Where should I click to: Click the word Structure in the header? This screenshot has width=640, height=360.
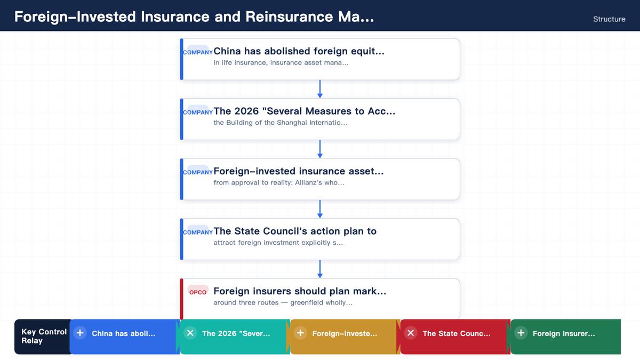[x=609, y=19]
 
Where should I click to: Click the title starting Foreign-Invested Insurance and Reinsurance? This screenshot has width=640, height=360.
[x=194, y=17]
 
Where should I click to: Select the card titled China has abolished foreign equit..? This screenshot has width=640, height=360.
[x=320, y=59]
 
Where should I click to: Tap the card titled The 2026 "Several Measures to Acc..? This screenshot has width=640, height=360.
[x=320, y=119]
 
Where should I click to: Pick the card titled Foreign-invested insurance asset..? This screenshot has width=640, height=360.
[x=320, y=179]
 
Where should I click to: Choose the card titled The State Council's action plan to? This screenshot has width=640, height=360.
[x=320, y=239]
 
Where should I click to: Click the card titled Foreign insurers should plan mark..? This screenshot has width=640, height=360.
[x=320, y=299]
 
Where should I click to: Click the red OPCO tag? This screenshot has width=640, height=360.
[x=198, y=291]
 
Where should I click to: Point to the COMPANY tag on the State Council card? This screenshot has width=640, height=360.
[x=198, y=231]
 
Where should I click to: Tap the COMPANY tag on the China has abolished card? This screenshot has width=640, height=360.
[x=198, y=52]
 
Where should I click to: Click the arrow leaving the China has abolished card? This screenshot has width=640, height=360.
[x=320, y=89]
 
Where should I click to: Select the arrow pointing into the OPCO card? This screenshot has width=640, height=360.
[x=320, y=269]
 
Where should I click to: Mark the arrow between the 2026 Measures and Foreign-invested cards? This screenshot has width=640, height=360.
[x=320, y=149]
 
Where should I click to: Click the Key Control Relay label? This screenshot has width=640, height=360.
[x=44, y=337]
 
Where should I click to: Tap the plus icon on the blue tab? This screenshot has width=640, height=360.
[x=80, y=333]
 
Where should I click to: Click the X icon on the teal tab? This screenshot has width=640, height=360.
[x=190, y=333]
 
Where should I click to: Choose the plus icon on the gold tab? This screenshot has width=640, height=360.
[x=300, y=333]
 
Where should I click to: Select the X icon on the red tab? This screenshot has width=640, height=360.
[x=411, y=333]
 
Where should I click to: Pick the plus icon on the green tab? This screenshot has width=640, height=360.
[x=521, y=333]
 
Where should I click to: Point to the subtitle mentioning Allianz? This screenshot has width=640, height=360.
[x=279, y=182]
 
